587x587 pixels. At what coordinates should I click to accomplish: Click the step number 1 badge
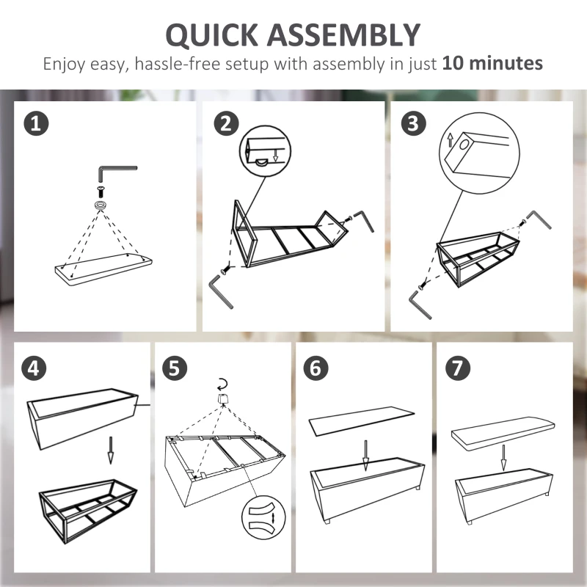[x=36, y=123]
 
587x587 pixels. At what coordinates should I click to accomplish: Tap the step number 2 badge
[x=227, y=123]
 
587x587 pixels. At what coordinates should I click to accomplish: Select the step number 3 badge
[x=414, y=123]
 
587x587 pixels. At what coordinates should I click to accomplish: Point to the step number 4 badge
[x=34, y=368]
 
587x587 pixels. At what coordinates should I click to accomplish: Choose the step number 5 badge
[x=175, y=368]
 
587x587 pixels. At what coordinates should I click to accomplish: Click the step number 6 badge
[x=316, y=368]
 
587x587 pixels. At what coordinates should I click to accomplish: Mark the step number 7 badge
[x=457, y=368]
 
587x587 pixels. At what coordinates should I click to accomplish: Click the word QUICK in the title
[x=212, y=34]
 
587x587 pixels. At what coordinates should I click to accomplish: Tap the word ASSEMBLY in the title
[x=343, y=34]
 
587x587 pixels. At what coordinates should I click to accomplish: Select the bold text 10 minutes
[x=492, y=63]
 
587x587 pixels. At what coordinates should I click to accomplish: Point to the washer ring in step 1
[x=101, y=205]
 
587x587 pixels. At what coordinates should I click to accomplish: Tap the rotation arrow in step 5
[x=223, y=384]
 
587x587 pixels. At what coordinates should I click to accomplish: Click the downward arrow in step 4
[x=111, y=450]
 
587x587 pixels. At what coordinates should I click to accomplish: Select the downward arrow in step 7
[x=504, y=458]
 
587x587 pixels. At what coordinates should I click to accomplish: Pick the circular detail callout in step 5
[x=263, y=518]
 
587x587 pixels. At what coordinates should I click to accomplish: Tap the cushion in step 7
[x=503, y=433]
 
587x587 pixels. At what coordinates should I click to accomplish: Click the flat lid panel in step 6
[x=362, y=420]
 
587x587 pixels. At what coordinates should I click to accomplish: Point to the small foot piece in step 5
[x=223, y=398]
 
